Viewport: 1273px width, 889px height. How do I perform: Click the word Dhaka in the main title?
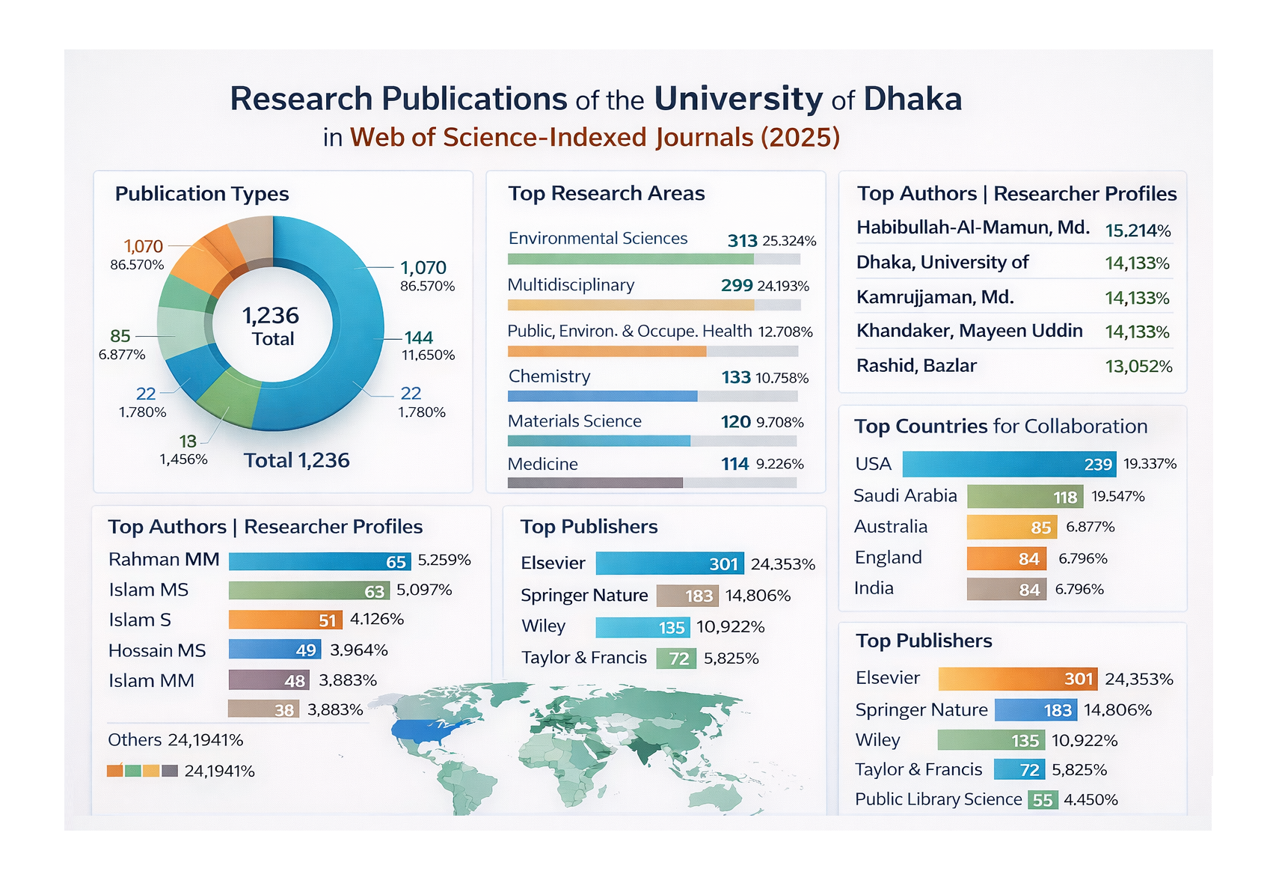pos(912,99)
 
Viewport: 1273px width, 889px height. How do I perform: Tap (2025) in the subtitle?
pos(800,138)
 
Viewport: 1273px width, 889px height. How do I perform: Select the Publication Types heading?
pos(202,194)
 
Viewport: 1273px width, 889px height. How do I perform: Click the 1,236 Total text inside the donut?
pos(271,326)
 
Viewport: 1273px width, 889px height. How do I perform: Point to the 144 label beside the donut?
pos(419,337)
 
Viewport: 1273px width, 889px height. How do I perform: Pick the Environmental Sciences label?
pos(598,239)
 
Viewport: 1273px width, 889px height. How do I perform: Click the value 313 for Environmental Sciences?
pos(742,241)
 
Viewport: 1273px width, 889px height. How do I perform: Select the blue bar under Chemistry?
pos(602,397)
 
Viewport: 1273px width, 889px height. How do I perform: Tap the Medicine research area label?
pos(542,465)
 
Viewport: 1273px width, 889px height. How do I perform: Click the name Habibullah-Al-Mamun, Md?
pos(972,227)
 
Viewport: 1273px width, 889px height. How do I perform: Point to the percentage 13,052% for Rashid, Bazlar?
pos(1138,367)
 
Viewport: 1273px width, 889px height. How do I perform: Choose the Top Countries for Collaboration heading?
pos(1001,427)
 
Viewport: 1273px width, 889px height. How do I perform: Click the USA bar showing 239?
pos(1008,464)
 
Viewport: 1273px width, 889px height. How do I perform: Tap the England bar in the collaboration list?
pos(1005,558)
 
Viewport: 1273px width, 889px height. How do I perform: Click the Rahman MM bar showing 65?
pos(319,561)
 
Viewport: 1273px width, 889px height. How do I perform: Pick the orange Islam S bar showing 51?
pos(285,620)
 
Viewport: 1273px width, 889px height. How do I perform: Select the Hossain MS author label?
pos(157,651)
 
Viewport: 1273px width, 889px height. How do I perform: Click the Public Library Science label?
pos(938,800)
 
